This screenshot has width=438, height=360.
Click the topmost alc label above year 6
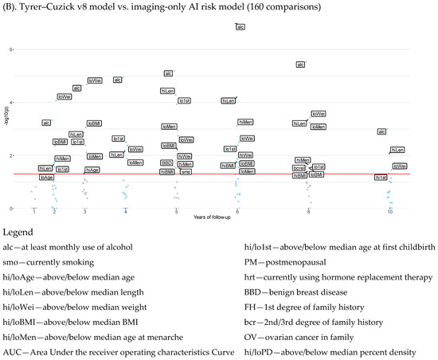tap(241, 27)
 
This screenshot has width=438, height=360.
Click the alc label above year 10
tap(381, 131)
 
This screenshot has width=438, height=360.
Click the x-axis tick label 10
tap(389, 212)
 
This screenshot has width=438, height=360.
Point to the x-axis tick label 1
tap(34, 212)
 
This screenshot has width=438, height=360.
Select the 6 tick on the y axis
tap(11, 49)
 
